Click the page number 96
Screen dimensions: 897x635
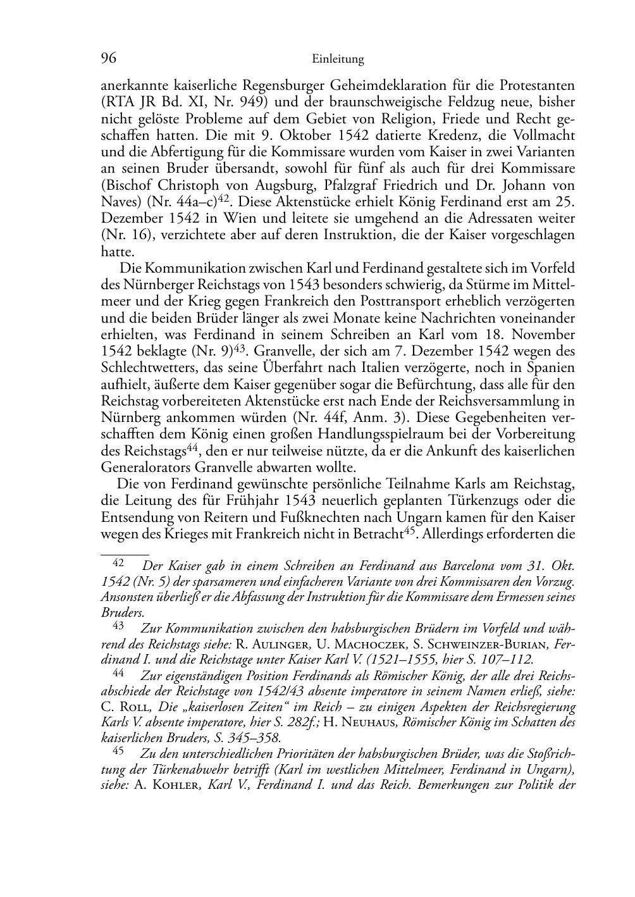[x=109, y=59]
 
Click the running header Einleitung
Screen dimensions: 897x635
[x=338, y=59]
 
